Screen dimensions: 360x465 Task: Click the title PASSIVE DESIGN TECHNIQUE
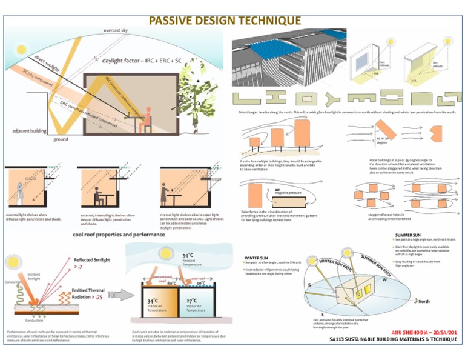[225, 21]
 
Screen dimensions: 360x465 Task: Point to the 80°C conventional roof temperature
[173, 283]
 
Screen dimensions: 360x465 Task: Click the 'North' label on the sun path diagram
[424, 301]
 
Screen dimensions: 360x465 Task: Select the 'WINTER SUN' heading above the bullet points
[257, 257]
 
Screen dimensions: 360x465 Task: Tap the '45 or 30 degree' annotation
[382, 142]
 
